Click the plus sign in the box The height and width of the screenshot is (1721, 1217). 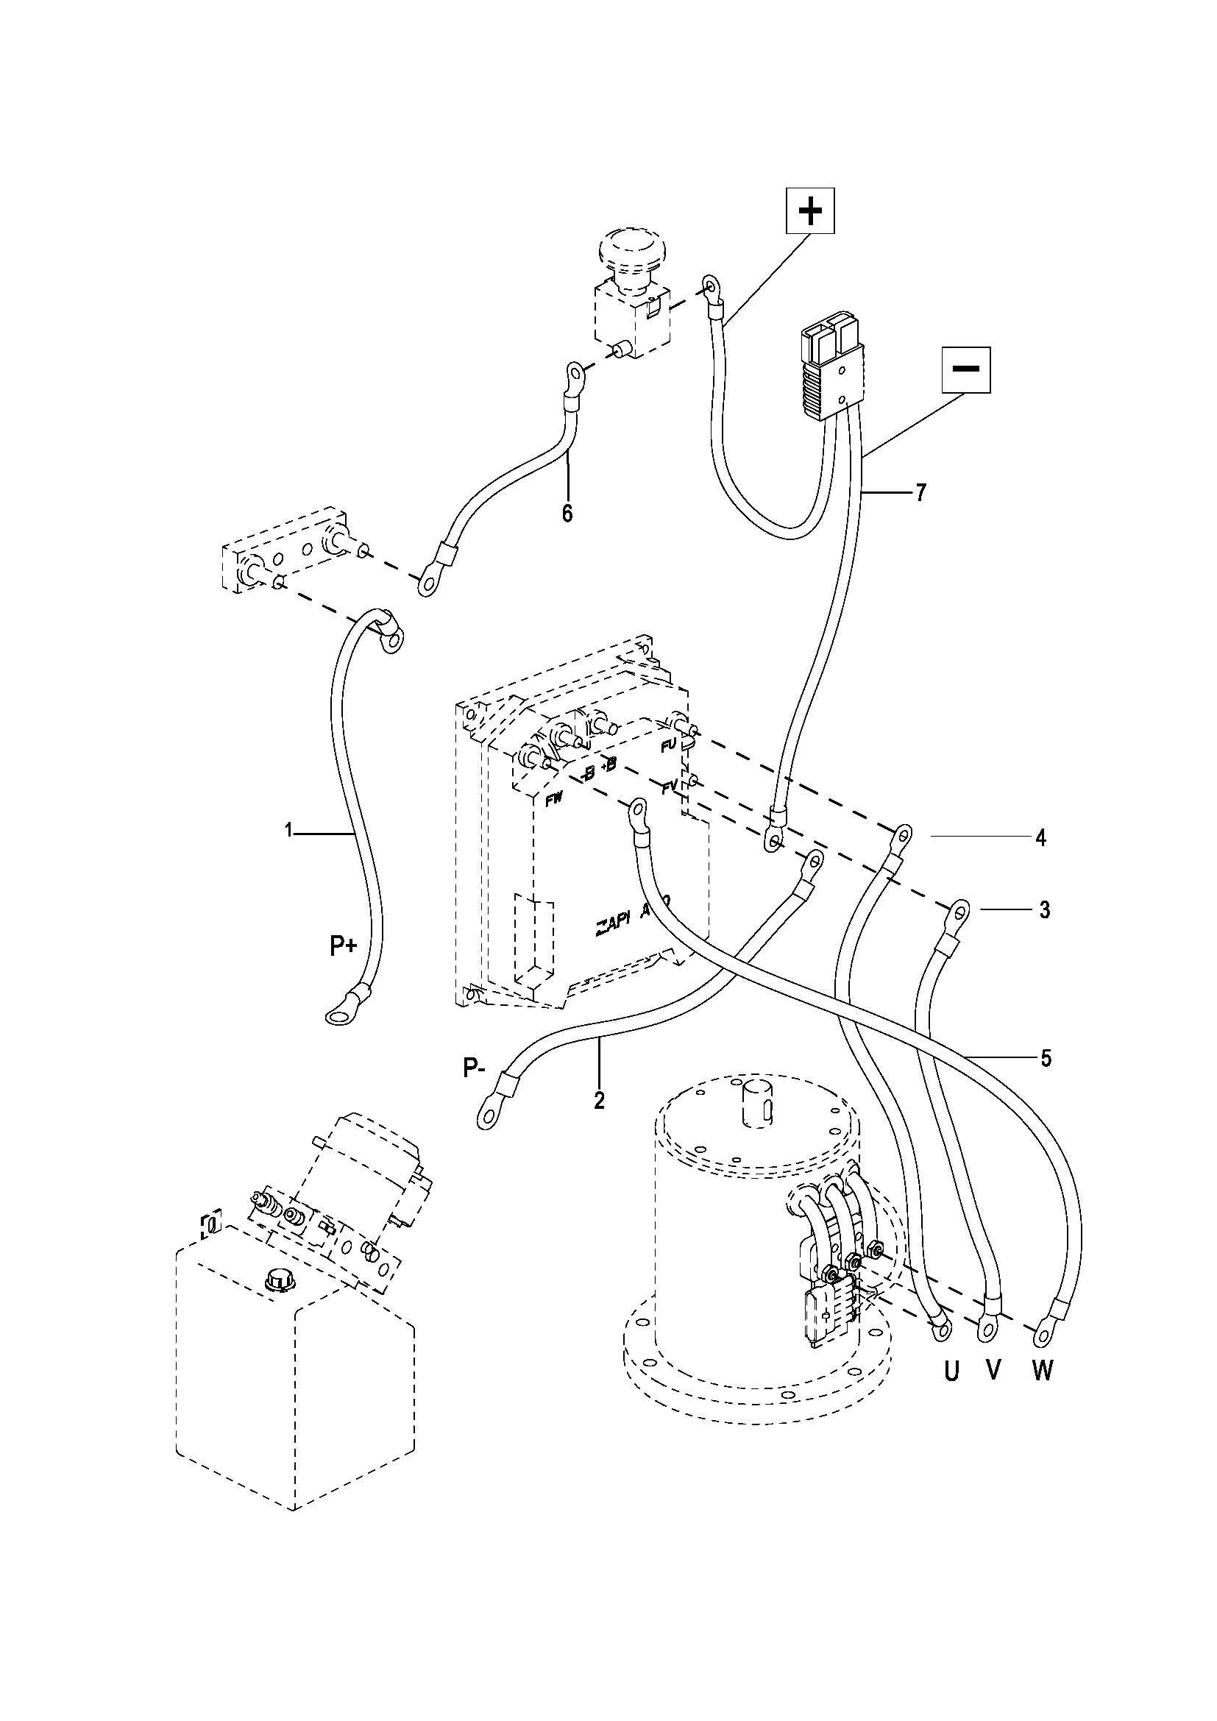coord(809,210)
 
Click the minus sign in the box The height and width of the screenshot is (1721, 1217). coord(966,369)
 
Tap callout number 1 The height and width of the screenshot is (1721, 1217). coord(288,830)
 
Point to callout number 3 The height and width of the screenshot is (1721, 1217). coord(1044,910)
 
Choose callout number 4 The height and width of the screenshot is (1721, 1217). coord(1040,837)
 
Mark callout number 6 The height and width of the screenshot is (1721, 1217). coord(567,514)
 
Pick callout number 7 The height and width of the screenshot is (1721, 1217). coord(920,492)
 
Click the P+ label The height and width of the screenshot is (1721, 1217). coord(343,947)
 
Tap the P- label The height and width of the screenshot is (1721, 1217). coord(475,1068)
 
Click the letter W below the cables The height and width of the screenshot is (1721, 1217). coord(1042,1371)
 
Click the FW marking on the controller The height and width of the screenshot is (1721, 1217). coord(554,801)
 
